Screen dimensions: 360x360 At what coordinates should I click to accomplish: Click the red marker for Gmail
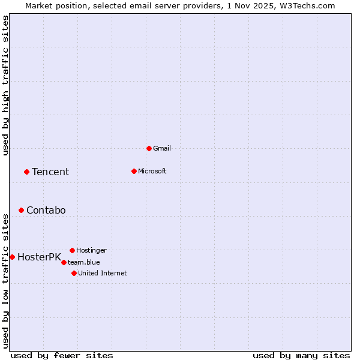(x=149, y=148)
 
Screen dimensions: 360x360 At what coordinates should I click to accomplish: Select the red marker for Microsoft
(x=134, y=171)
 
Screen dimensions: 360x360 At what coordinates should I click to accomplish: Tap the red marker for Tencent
(x=26, y=172)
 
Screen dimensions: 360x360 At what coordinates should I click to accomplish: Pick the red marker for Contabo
(x=21, y=210)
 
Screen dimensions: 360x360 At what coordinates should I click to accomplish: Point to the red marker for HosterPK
(x=12, y=257)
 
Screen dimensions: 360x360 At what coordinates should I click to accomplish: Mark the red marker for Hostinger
(x=72, y=250)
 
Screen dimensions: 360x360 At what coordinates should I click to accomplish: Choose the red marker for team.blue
(x=64, y=262)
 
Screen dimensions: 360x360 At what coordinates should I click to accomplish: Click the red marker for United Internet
(x=74, y=273)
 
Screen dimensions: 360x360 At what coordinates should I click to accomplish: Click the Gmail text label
(x=162, y=148)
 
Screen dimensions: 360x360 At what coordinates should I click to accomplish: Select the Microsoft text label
(x=152, y=171)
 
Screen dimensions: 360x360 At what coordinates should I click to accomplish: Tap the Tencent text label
(x=50, y=172)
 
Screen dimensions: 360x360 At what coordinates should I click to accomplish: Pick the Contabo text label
(x=46, y=210)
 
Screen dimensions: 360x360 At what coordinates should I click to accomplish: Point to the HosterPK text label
(x=39, y=257)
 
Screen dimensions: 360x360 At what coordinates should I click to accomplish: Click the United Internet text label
(x=103, y=273)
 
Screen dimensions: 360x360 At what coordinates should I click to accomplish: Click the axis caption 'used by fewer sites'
(x=62, y=355)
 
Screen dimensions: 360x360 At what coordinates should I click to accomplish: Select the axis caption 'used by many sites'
(x=301, y=355)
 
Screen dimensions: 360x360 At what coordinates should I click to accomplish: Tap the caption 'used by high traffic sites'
(x=6, y=85)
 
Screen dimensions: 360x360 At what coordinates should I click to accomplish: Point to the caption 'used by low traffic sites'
(x=6, y=280)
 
